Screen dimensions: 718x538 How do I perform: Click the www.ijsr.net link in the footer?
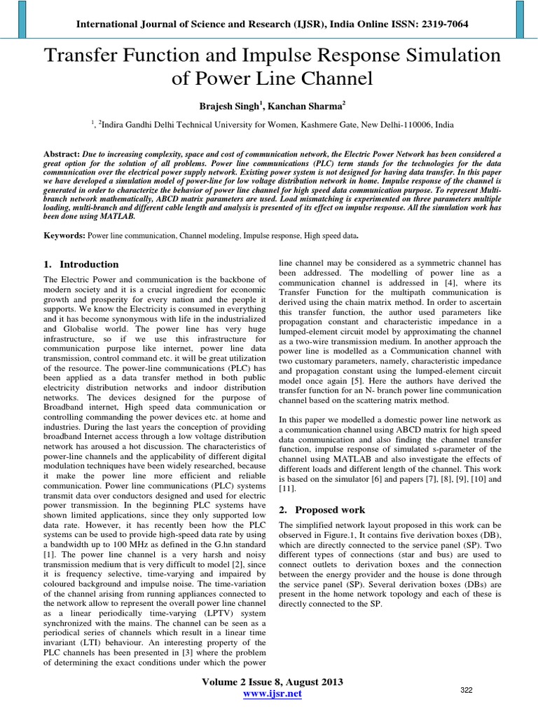(273, 694)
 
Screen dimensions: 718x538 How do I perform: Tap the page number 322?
(467, 691)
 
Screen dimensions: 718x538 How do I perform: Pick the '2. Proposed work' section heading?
(322, 510)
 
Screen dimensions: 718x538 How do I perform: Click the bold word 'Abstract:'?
(61, 152)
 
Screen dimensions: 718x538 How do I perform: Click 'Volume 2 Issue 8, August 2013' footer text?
(273, 681)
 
